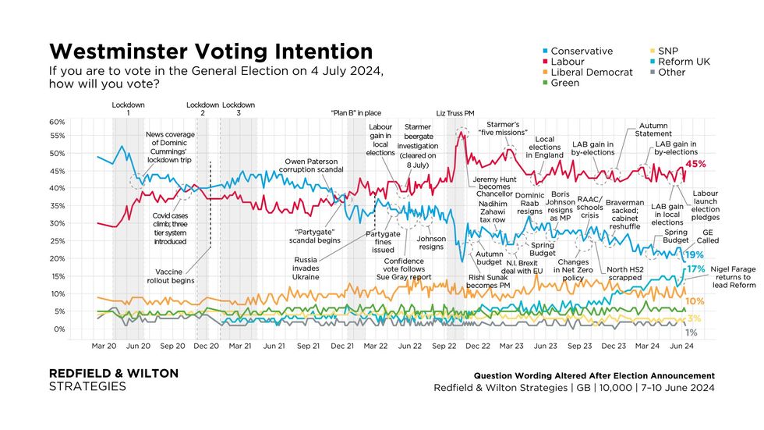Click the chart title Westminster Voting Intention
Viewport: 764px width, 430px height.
point(210,52)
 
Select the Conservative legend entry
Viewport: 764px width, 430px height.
point(581,51)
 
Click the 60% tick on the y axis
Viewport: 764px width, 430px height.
point(58,123)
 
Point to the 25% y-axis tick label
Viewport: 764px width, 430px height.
point(58,241)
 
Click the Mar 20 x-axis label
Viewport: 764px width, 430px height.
point(104,345)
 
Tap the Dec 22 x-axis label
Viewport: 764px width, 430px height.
point(478,345)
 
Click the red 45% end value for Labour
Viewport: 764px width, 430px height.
point(695,164)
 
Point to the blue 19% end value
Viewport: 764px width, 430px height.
point(695,255)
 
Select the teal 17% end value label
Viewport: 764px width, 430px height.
point(695,269)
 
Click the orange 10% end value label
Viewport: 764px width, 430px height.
point(695,301)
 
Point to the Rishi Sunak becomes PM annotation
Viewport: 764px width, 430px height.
point(489,281)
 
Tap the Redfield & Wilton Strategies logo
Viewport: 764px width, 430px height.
point(113,380)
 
